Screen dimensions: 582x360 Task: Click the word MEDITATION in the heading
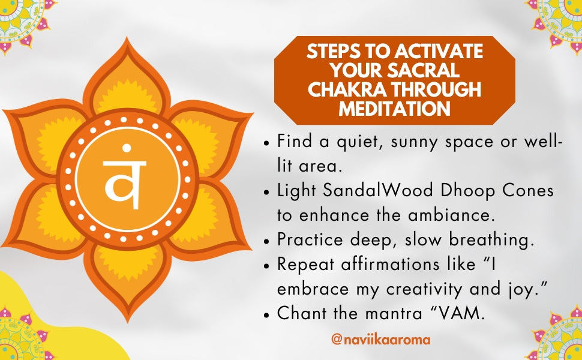pos(395,109)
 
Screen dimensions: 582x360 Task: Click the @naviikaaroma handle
pos(380,340)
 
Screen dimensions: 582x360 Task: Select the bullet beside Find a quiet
pos(266,143)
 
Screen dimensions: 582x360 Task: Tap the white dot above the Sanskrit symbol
pos(127,148)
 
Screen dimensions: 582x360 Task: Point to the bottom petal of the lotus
pos(127,281)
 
